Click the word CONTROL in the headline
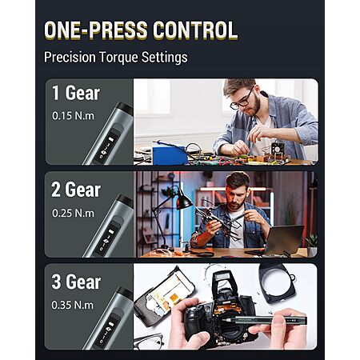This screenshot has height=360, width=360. (x=195, y=30)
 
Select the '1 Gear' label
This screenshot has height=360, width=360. (x=76, y=93)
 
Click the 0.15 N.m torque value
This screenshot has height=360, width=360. (x=73, y=116)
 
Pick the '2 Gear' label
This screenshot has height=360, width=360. (x=76, y=190)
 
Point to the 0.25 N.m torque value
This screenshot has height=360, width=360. (x=73, y=213)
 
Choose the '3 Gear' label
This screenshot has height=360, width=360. (x=76, y=282)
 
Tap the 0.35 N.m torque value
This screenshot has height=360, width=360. (x=73, y=305)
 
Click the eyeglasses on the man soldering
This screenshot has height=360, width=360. (x=242, y=100)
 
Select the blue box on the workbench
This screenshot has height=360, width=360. (x=169, y=155)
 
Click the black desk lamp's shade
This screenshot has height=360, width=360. (x=183, y=200)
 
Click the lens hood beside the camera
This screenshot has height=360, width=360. (x=278, y=282)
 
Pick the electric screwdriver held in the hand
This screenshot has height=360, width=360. (x=270, y=319)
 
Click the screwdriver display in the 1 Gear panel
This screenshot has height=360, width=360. (x=106, y=146)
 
